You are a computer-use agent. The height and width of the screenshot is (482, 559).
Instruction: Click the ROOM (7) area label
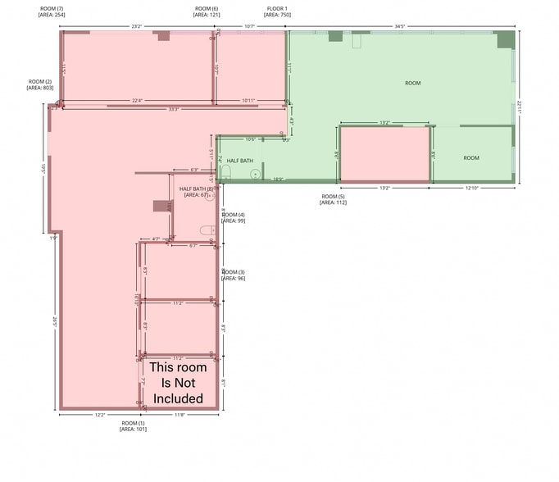tap(52, 11)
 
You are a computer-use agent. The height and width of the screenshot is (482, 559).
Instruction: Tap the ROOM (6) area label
tap(206, 11)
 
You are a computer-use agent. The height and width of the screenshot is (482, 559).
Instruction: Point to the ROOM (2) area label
tap(40, 84)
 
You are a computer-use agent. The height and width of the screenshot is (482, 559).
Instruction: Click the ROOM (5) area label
tap(334, 199)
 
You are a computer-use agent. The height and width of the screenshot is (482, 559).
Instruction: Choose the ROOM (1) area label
tap(133, 425)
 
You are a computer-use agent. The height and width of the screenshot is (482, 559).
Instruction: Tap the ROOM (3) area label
tap(233, 275)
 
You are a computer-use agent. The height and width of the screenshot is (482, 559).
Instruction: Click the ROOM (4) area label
tap(233, 217)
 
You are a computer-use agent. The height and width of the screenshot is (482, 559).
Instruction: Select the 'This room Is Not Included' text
tap(178, 383)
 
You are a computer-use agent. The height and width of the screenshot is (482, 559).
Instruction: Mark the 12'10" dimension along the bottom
tap(471, 189)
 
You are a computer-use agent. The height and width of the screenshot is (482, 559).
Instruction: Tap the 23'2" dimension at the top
tap(136, 26)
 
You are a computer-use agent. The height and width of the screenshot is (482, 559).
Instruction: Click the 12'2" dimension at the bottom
tap(99, 415)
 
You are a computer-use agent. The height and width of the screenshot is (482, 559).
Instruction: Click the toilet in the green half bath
tap(225, 172)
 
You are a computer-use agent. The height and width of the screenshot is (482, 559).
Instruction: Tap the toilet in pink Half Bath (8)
tap(208, 230)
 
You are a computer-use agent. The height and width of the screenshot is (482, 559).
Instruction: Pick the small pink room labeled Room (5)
tap(384, 154)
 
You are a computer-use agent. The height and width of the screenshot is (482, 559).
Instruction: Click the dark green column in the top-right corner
tap(505, 39)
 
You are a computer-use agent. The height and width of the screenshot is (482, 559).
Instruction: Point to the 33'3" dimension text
tap(173, 108)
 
